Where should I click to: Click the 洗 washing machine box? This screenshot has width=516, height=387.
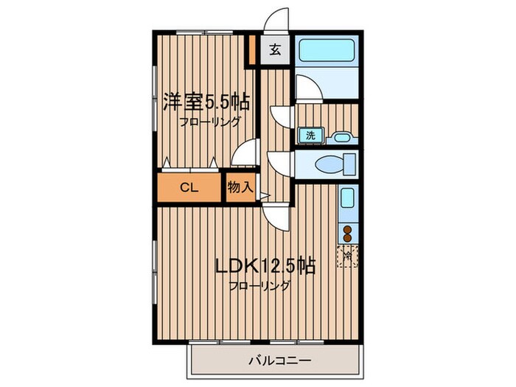(x=310, y=135)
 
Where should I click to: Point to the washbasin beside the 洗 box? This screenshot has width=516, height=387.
(x=339, y=136)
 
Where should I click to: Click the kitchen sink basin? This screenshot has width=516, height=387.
(x=348, y=201)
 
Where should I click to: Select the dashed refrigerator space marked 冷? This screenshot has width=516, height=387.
(x=348, y=257)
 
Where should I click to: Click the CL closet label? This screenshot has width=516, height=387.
(x=189, y=187)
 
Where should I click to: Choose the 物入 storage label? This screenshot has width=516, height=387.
(x=240, y=187)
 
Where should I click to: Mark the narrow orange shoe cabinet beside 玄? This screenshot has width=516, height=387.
(x=252, y=49)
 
